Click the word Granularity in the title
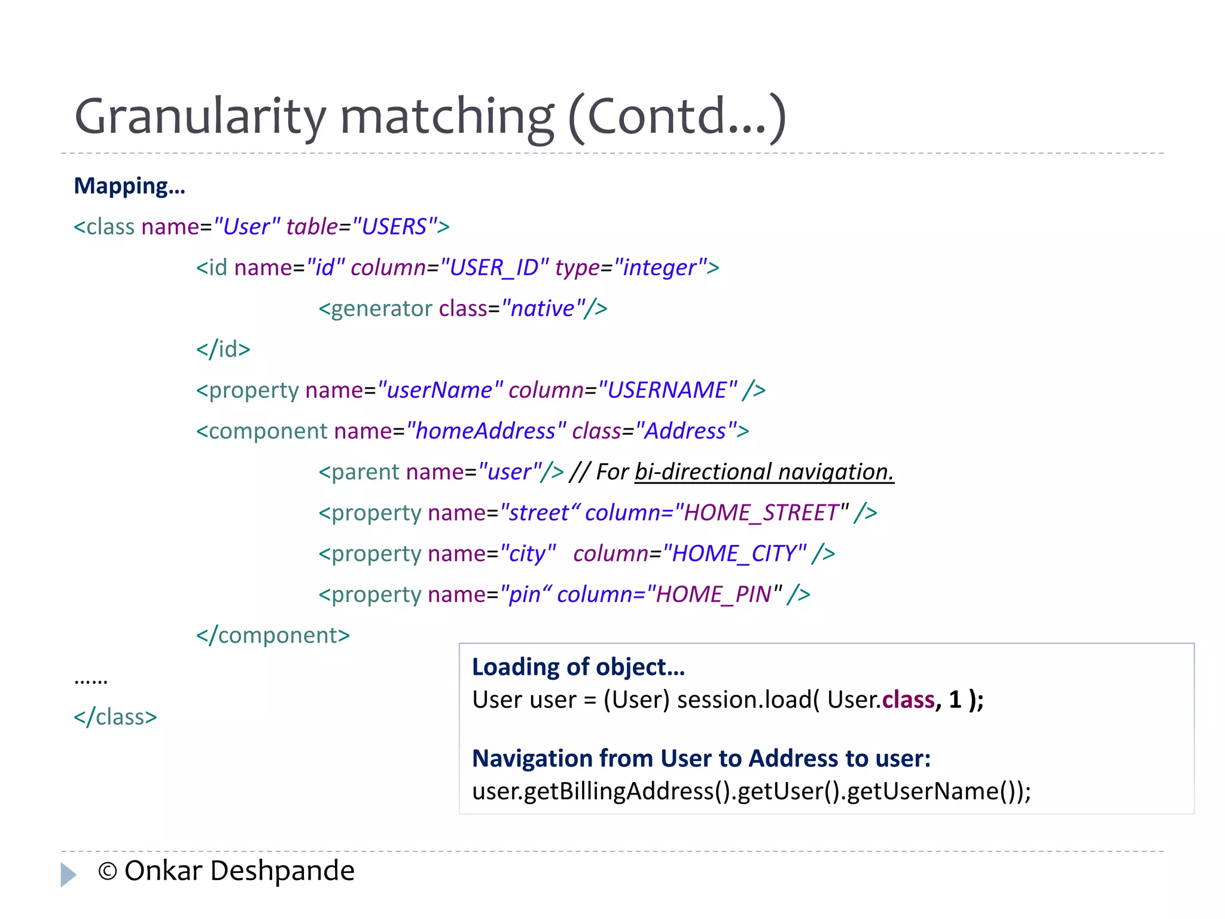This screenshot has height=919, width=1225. (200, 117)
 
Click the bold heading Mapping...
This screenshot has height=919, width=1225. (129, 186)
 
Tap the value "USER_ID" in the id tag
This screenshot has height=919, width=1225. (494, 267)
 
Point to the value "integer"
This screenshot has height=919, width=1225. (660, 267)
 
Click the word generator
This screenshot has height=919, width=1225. (382, 309)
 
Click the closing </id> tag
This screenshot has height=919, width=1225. (223, 349)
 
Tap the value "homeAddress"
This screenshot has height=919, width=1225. (485, 431)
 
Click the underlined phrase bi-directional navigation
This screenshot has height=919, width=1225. (764, 472)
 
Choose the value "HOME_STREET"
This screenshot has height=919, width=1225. (761, 513)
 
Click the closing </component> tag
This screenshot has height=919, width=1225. (273, 635)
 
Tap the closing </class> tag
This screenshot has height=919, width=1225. (115, 717)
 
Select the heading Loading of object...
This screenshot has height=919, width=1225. (578, 667)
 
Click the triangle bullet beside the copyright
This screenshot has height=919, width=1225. (68, 874)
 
